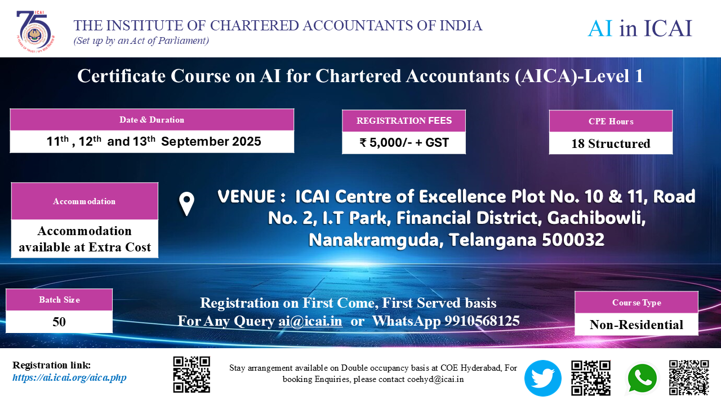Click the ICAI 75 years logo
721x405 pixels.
pyautogui.click(x=35, y=31)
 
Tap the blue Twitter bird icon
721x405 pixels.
pyautogui.click(x=542, y=378)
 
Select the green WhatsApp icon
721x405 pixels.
pyautogui.click(x=642, y=379)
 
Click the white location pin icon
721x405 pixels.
pyautogui.click(x=186, y=204)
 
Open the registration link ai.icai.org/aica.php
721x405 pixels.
pyautogui.click(x=69, y=377)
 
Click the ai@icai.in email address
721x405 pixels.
pyautogui.click(x=310, y=321)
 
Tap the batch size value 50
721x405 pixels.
pyautogui.click(x=59, y=322)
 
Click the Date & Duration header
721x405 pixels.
pyautogui.click(x=152, y=120)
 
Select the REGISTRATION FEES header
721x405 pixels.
pyautogui.click(x=404, y=120)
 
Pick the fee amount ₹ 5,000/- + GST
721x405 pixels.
pyautogui.click(x=404, y=142)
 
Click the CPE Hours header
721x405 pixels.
pyautogui.click(x=611, y=121)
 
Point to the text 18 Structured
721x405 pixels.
pyautogui.click(x=611, y=143)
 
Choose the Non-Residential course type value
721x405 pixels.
pyautogui.click(x=637, y=325)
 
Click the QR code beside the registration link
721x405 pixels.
pyautogui.click(x=192, y=375)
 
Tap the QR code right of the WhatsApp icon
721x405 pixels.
pyautogui.click(x=689, y=377)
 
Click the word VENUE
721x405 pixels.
pyautogui.click(x=246, y=196)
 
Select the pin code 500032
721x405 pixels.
pyautogui.click(x=573, y=240)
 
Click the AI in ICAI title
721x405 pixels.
pyautogui.click(x=640, y=28)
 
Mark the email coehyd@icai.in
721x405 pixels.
pyautogui.click(x=435, y=379)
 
